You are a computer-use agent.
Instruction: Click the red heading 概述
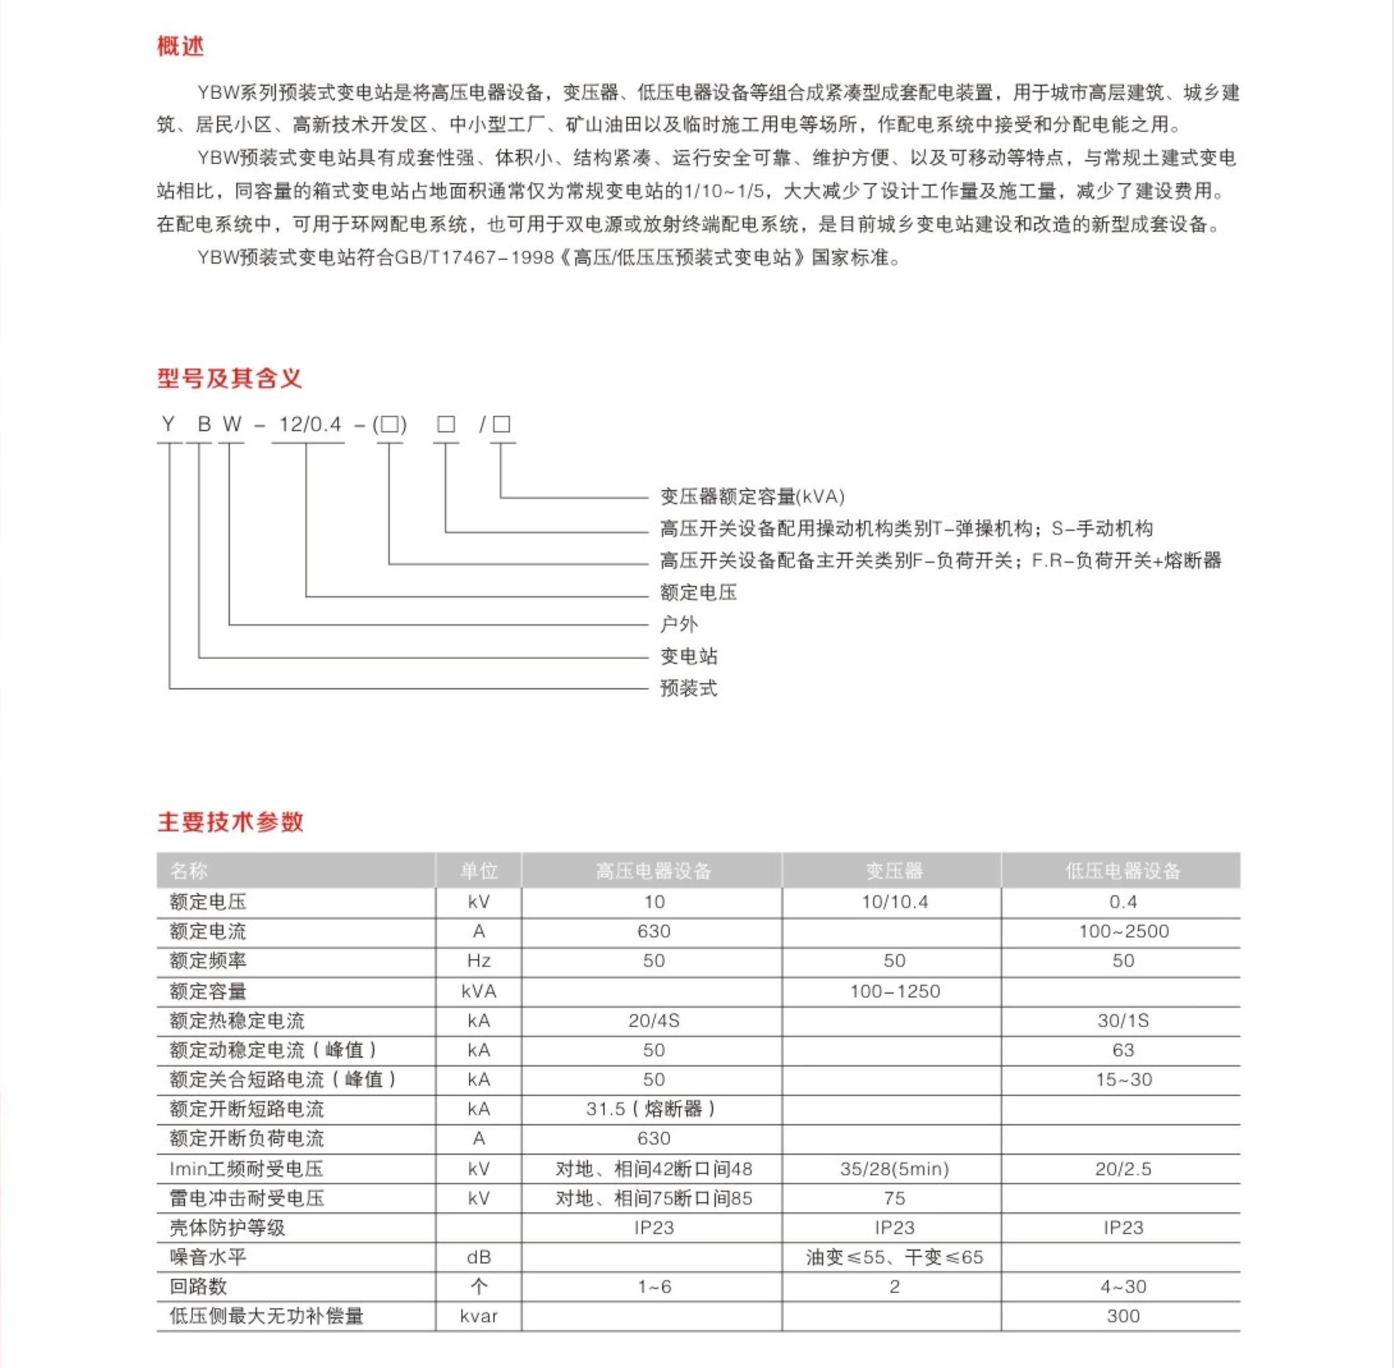click(180, 46)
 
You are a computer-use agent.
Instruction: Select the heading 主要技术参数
click(230, 821)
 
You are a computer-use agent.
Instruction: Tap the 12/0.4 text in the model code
click(309, 424)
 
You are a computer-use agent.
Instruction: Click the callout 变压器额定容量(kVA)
click(751, 497)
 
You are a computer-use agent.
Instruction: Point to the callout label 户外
click(678, 624)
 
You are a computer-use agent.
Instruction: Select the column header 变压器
click(894, 871)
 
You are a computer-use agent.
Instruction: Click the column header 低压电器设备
click(1122, 871)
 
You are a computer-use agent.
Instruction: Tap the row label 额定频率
click(208, 961)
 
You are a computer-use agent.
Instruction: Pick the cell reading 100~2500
click(1123, 931)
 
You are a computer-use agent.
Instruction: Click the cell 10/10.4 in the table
click(895, 902)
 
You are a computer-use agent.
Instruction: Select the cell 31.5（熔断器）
click(653, 1108)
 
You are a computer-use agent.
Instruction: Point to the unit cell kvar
click(478, 1316)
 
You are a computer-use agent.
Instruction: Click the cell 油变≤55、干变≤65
click(894, 1257)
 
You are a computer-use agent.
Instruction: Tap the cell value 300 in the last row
click(1123, 1316)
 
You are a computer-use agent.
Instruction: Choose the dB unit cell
click(478, 1257)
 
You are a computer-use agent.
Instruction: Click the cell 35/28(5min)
click(894, 1169)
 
